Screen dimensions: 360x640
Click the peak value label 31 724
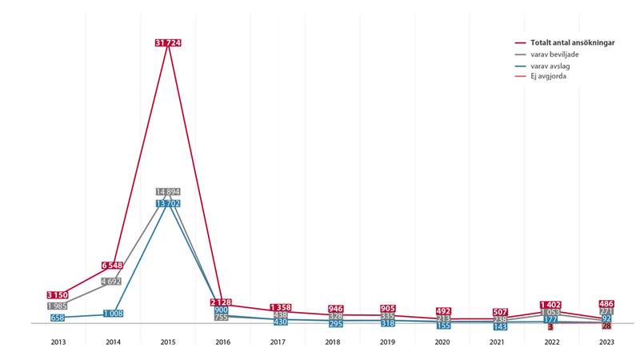point(167,42)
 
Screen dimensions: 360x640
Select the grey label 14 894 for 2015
point(167,192)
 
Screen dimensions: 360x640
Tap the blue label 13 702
point(167,204)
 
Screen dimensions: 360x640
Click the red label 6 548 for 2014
point(113,266)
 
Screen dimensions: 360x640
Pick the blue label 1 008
point(113,314)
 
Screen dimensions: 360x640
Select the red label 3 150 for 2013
point(58,295)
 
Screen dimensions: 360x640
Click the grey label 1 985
point(58,306)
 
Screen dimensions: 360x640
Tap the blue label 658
point(58,318)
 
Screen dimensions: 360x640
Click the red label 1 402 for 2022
point(550,305)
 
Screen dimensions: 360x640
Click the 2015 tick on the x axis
point(167,342)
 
